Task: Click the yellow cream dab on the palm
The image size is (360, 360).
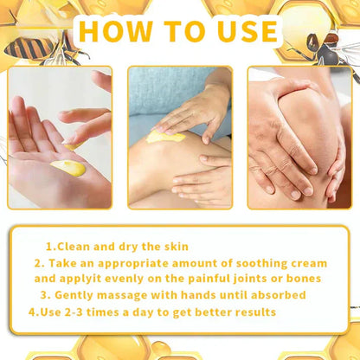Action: click(68, 167)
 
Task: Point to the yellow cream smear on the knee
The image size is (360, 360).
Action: click(165, 136)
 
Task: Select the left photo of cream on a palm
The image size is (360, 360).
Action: click(60, 138)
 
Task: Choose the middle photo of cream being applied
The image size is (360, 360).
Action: click(180, 138)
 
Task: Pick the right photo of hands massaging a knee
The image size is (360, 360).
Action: click(299, 138)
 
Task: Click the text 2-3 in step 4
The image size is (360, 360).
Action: click(79, 312)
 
